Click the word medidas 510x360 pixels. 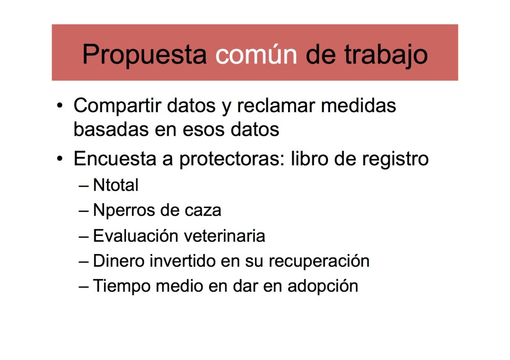point(360,106)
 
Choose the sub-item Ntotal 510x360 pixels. point(116,185)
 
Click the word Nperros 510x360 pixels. point(119,210)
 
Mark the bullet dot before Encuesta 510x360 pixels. point(60,159)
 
